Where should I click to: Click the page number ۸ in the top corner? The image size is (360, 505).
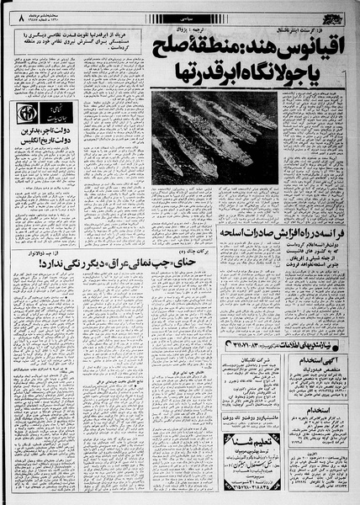(x=10, y=11)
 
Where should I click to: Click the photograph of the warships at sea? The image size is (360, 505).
(x=214, y=134)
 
